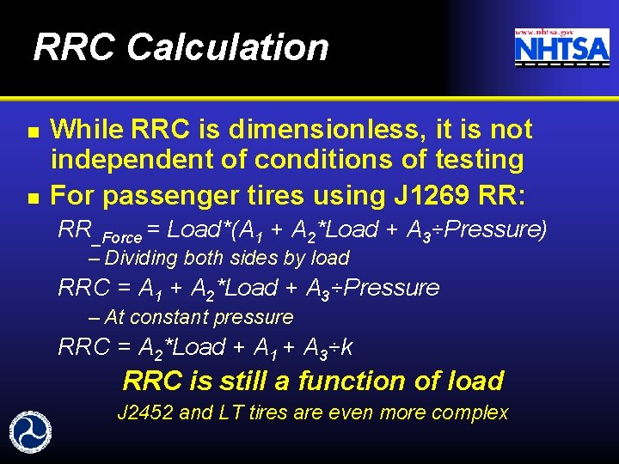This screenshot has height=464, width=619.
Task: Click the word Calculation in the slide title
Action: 228,47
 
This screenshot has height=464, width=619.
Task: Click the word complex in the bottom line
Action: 469,413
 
